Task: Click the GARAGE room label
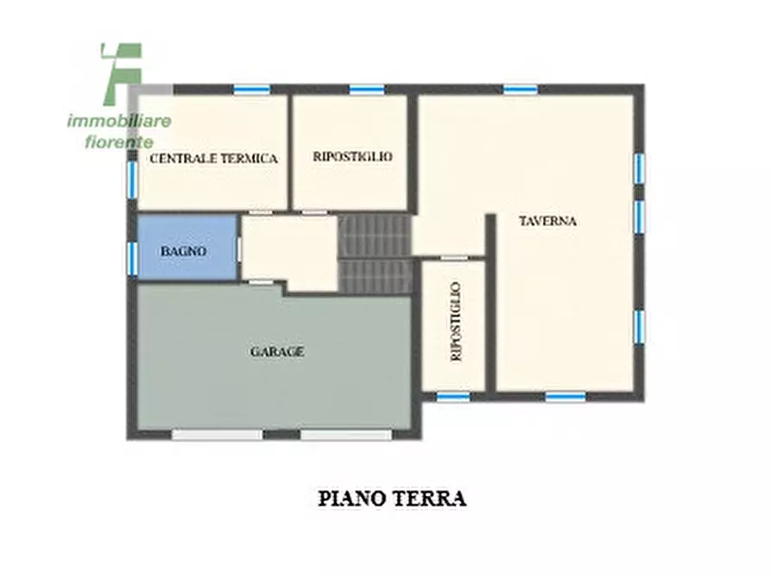pos(277,352)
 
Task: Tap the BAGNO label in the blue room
pos(183,251)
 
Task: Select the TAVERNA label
pos(547,221)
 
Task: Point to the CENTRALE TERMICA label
pos(213,158)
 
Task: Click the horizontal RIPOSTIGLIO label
pos(352,156)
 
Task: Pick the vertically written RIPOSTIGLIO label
pos(456,322)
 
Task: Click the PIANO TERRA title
pos(392,499)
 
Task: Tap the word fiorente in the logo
pos(119,142)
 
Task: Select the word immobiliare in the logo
pos(119,121)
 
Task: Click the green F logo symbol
pos(122,73)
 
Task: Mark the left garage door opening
pos(217,435)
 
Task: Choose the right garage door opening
pos(346,435)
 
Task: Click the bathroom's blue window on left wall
pos(132,259)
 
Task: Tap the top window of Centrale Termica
pos(252,90)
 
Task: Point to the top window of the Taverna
pos(521,90)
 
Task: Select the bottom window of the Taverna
pos(566,397)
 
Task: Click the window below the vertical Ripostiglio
pos(453,397)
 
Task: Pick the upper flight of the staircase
pos(374,236)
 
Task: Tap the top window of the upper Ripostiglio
pos(367,90)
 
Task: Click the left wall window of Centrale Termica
pos(132,179)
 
